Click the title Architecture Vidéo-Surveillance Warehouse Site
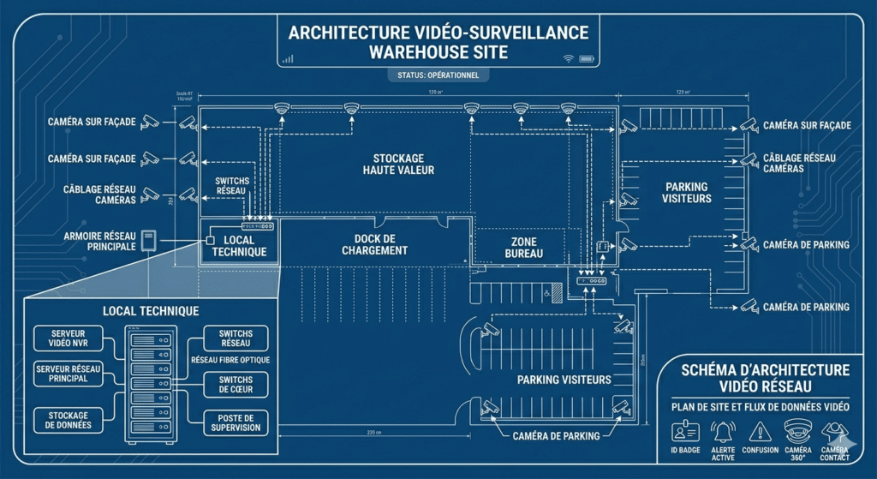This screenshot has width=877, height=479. pyautogui.click(x=438, y=42)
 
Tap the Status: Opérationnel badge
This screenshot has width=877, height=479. pyautogui.click(x=438, y=75)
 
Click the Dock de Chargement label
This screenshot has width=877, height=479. pyautogui.click(x=374, y=244)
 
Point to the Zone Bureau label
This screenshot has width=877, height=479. pyautogui.click(x=523, y=248)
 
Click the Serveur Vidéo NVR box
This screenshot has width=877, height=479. pyautogui.click(x=68, y=338)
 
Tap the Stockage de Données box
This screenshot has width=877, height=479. pyautogui.click(x=68, y=420)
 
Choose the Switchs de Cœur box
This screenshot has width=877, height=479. pyautogui.click(x=236, y=386)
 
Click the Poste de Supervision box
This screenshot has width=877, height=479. pyautogui.click(x=236, y=422)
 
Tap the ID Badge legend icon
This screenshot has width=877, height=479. pyautogui.click(x=684, y=430)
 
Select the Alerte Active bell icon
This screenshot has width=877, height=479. pyautogui.click(x=724, y=431)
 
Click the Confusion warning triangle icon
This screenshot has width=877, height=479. pyautogui.click(x=761, y=431)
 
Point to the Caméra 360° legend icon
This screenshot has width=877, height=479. pyautogui.click(x=797, y=430)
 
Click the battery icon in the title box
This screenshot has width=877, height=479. pyautogui.click(x=587, y=59)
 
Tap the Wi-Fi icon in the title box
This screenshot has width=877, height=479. pyautogui.click(x=567, y=59)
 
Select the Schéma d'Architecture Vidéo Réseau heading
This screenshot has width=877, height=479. pyautogui.click(x=764, y=378)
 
